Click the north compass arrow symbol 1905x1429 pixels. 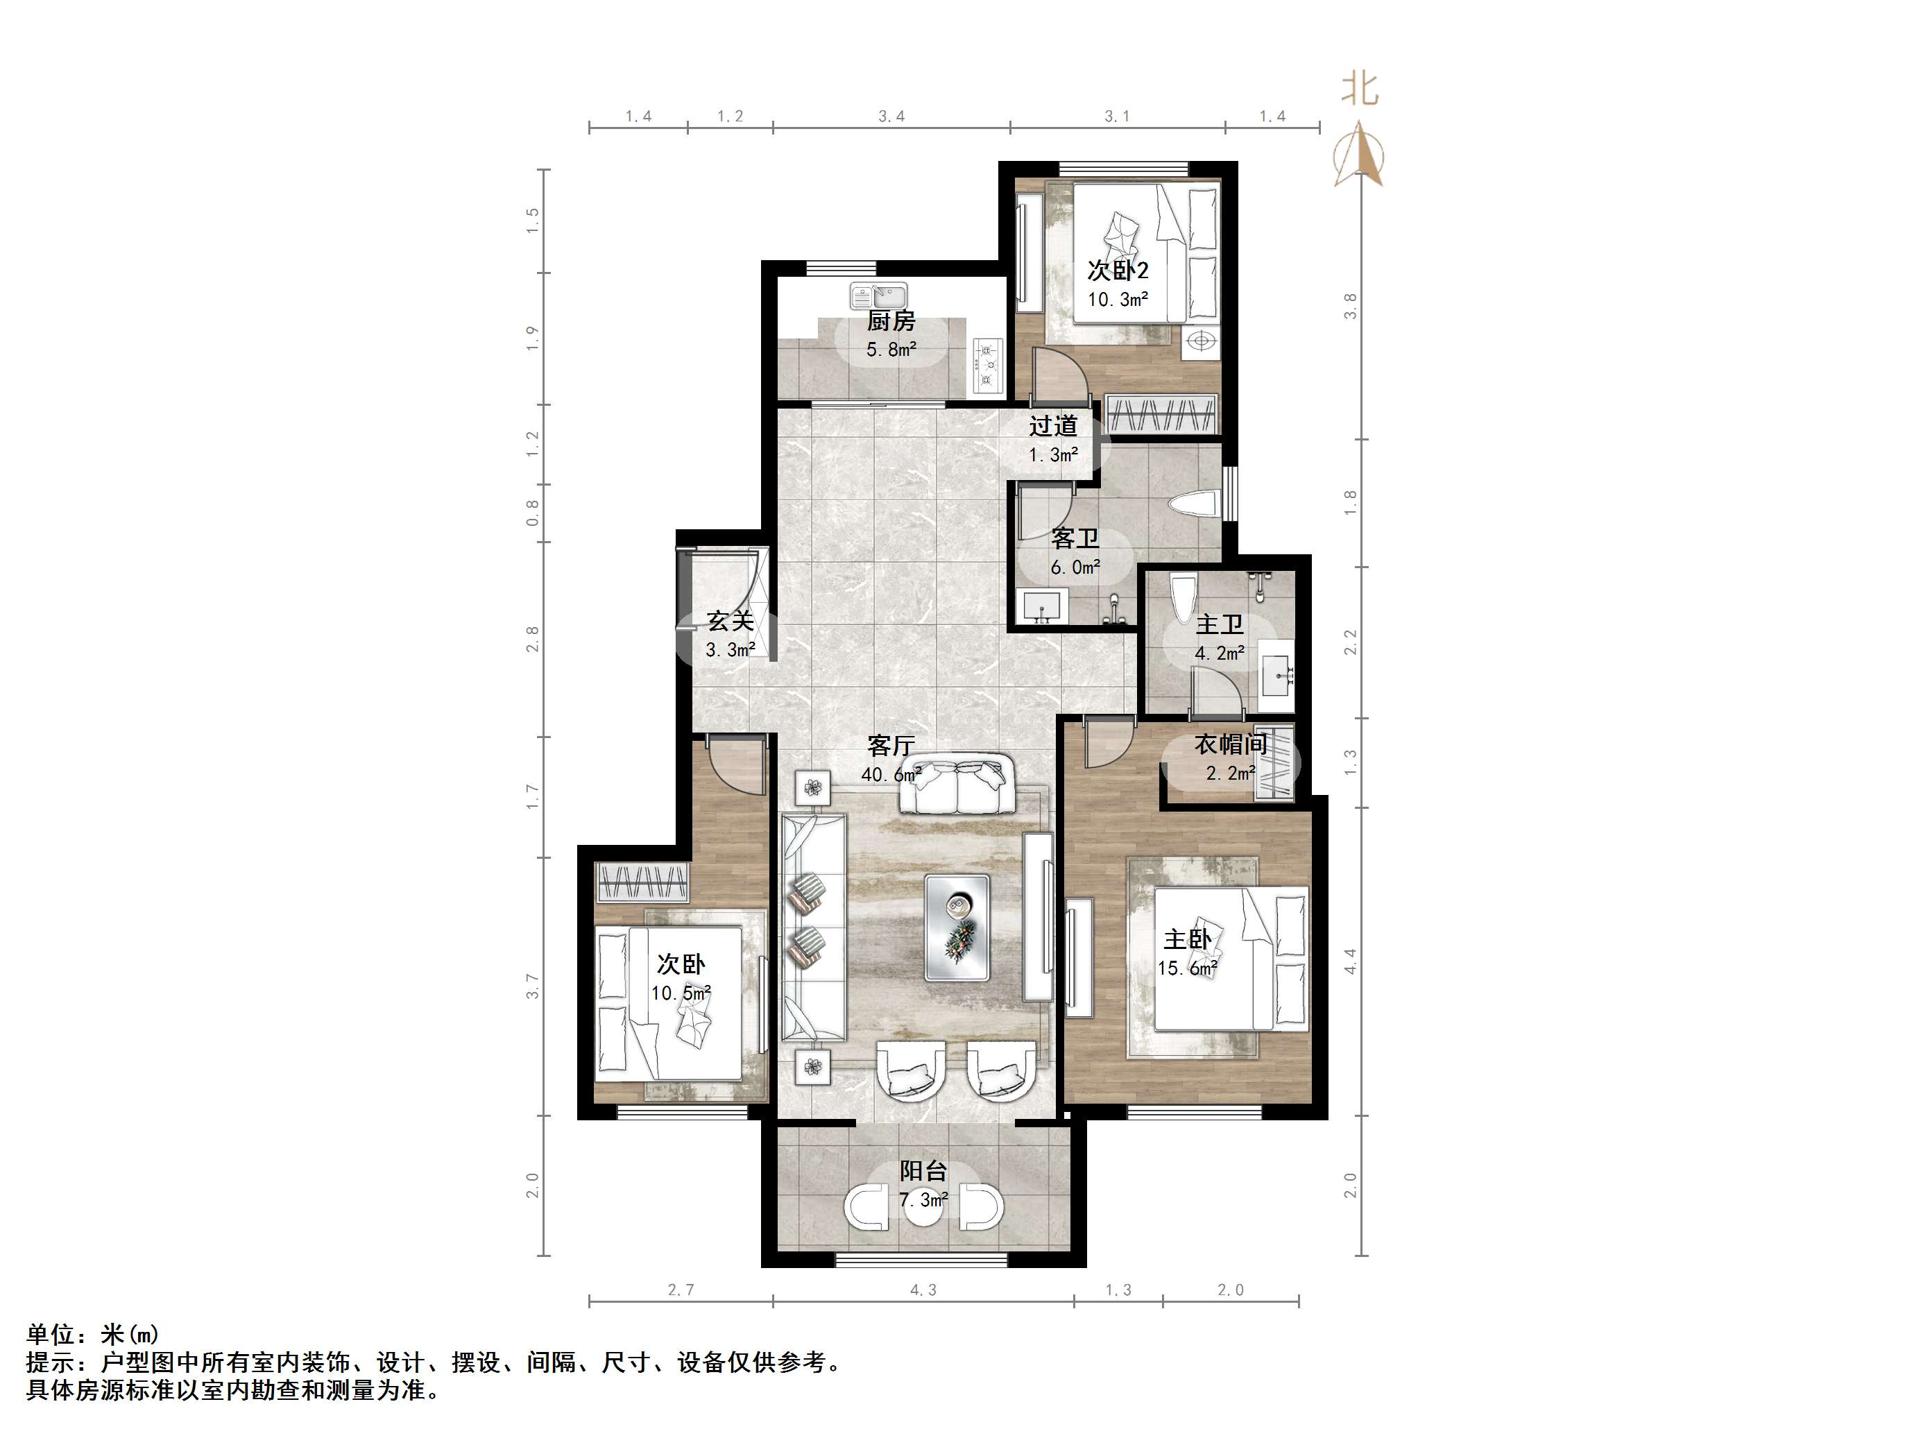(1358, 155)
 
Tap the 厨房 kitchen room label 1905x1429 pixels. (891, 321)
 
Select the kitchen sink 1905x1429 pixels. (878, 296)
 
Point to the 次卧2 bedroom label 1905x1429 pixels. (1117, 271)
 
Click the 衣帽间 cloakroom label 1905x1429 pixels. (1231, 744)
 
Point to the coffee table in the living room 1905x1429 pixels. (957, 927)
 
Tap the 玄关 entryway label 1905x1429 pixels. (731, 621)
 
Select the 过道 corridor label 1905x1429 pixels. (1053, 425)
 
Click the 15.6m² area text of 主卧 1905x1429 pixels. (1187, 968)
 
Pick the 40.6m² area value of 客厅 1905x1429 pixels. (891, 774)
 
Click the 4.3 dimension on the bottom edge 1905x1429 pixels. (923, 1290)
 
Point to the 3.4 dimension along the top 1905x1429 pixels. (891, 117)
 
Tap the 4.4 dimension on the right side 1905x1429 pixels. (1351, 961)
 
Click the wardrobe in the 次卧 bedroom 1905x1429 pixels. (642, 882)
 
